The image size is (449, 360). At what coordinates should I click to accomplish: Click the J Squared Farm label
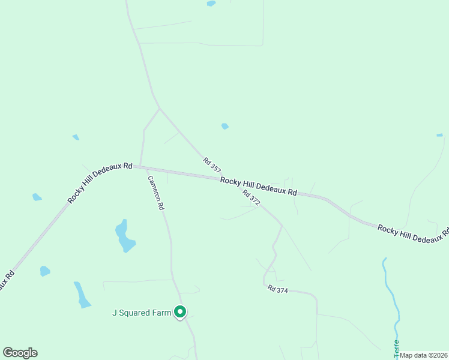(142, 312)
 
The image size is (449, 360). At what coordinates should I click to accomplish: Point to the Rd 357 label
(212, 166)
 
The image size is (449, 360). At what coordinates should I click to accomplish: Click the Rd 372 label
(252, 198)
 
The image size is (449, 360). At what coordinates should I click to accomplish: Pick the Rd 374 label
(279, 289)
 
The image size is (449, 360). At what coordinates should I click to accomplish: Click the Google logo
(20, 353)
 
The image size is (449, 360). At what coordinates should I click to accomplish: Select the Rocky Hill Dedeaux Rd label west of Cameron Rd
(100, 182)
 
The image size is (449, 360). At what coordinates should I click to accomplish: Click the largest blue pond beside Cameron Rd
(124, 236)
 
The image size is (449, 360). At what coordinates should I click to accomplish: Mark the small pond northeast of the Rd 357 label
(225, 126)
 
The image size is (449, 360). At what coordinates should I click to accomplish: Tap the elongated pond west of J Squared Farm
(82, 294)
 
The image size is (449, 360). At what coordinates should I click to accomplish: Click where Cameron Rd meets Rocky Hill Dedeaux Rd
(140, 166)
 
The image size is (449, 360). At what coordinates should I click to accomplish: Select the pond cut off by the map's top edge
(211, 3)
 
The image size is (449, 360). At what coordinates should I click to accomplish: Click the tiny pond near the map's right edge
(439, 135)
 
